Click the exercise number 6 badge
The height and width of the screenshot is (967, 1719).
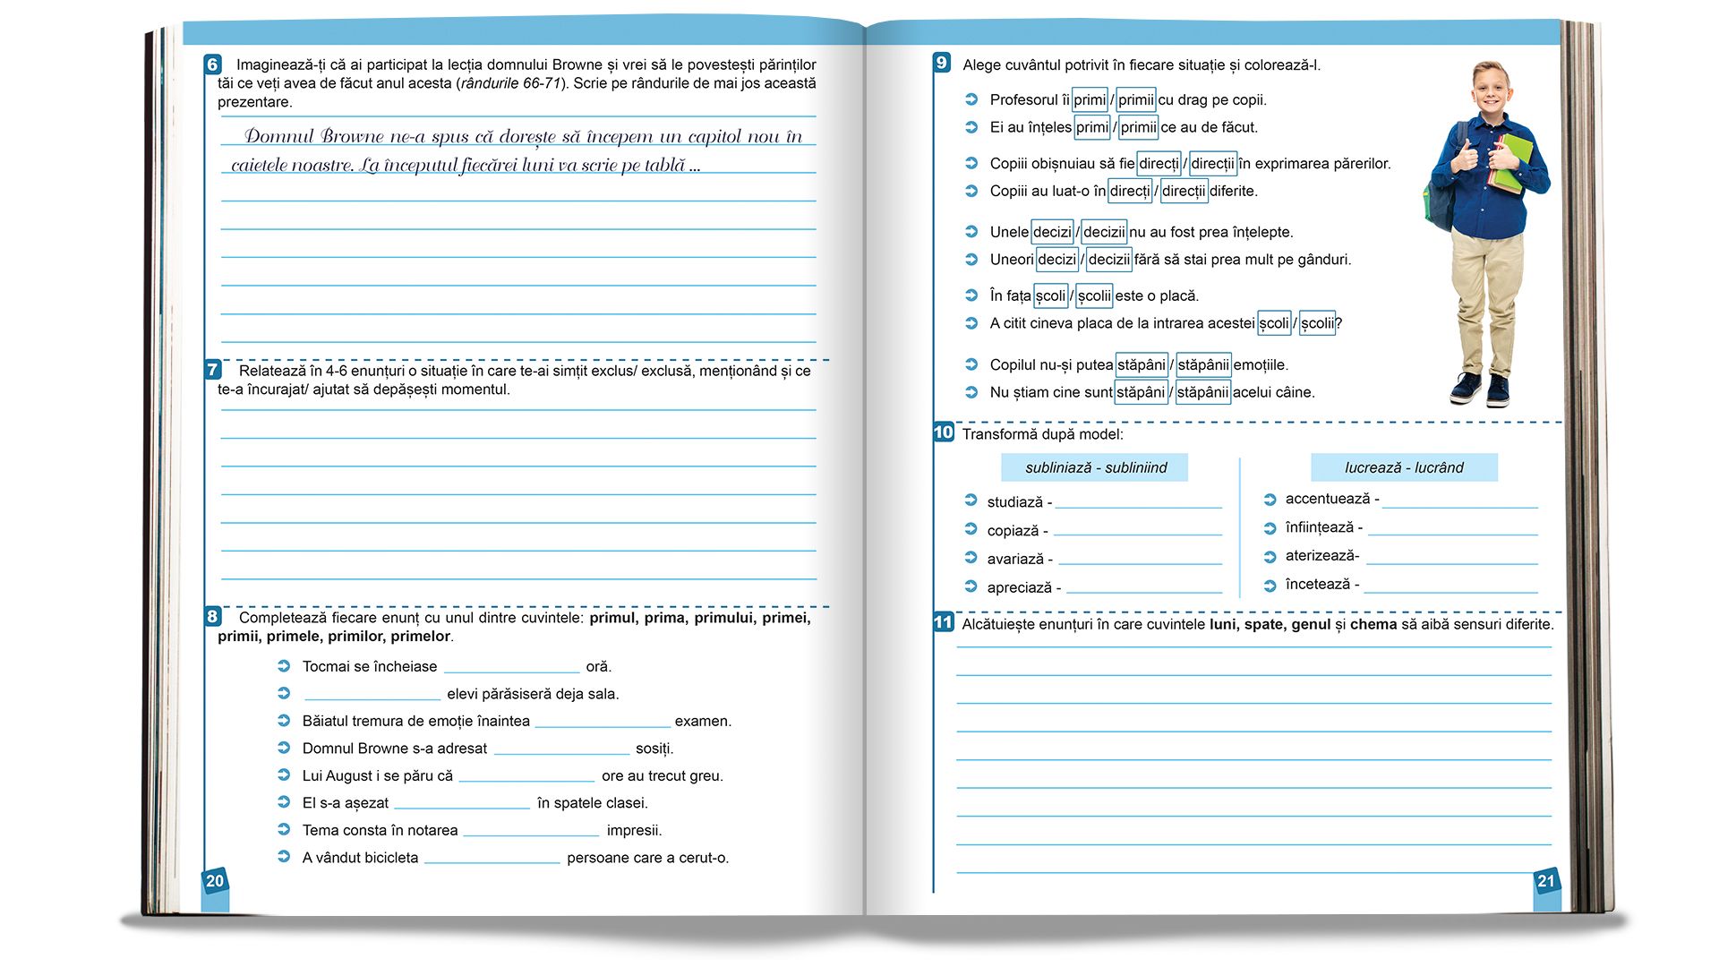[x=212, y=64]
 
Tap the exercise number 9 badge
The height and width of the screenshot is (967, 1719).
[x=941, y=63]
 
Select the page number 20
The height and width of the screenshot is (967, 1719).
[x=215, y=881]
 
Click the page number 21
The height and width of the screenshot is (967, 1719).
[x=1546, y=881]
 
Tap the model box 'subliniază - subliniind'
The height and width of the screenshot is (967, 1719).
[x=1095, y=467]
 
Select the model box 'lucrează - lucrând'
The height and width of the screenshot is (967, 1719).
[x=1403, y=467]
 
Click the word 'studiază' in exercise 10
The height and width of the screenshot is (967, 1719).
[x=1014, y=502]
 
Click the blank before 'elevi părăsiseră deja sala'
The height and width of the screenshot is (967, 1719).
[x=372, y=697]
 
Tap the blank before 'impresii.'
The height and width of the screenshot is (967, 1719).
[x=531, y=833]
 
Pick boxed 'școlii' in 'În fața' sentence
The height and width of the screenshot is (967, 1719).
[x=1094, y=295]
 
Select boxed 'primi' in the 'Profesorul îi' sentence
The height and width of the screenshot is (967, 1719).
[x=1090, y=99]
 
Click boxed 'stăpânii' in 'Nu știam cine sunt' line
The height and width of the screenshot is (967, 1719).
[x=1202, y=392]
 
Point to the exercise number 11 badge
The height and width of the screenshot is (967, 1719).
[x=943, y=622]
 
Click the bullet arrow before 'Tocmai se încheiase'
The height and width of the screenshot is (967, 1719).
[x=284, y=666]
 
